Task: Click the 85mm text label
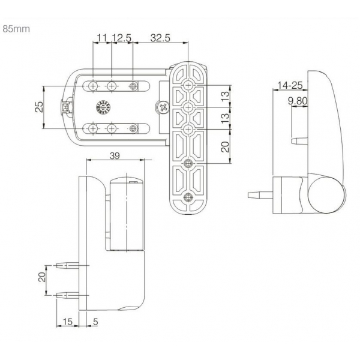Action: point(16,28)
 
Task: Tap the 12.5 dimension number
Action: point(122,38)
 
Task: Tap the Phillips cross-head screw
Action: point(161,107)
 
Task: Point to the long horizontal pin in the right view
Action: point(260,195)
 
